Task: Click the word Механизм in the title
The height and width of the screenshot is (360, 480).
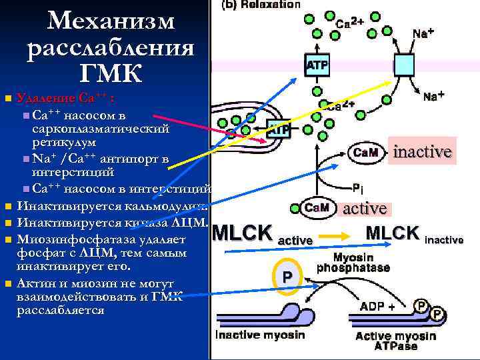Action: [111, 21]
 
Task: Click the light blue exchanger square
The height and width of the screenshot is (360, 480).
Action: [404, 65]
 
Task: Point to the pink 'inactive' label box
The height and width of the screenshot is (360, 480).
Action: [422, 151]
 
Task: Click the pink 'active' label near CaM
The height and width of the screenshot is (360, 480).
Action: [364, 209]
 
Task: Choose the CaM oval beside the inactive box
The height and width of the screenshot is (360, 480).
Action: [363, 153]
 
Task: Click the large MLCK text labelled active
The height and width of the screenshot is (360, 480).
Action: [241, 233]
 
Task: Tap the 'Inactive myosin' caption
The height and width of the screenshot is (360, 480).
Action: [260, 335]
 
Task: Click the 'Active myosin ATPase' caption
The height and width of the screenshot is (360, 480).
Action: [396, 341]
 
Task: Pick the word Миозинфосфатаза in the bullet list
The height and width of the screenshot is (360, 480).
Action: [74, 239]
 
